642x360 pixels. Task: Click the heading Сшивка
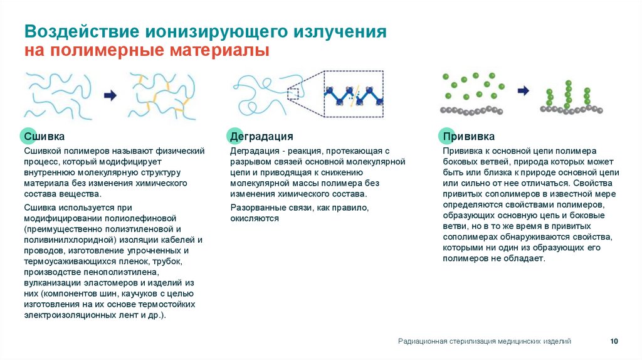44,137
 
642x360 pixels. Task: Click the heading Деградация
261,137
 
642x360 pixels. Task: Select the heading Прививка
468,137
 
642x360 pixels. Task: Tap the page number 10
614,341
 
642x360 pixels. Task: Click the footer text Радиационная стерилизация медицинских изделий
484,341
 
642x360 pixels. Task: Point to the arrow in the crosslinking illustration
110,95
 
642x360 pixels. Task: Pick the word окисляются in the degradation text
254,218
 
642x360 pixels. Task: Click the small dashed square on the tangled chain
293,93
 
